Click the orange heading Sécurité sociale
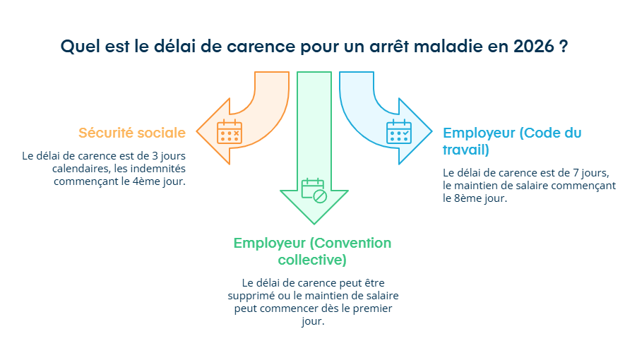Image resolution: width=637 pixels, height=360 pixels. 132,133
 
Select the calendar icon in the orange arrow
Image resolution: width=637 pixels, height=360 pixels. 229,131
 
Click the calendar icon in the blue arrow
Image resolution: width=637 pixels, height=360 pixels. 398,131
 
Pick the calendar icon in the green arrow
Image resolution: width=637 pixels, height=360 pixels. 314,191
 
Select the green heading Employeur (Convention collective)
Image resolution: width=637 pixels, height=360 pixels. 312,251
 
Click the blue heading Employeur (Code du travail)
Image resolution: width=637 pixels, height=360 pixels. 512,141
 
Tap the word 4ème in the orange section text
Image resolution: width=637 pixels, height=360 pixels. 151,181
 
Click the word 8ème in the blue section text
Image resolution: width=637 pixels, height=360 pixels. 456,198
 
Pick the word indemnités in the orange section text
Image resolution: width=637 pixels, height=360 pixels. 160,169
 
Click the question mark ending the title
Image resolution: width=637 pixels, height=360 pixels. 564,47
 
